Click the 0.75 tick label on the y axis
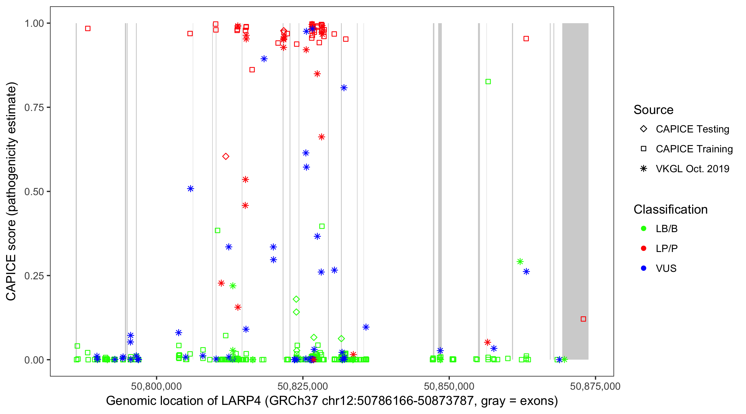[34, 107]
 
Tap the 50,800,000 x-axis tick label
[156, 386]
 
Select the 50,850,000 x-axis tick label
[449, 386]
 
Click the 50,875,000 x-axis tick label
[595, 386]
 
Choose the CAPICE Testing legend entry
[692, 129]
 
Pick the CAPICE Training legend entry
[694, 149]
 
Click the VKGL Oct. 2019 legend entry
[692, 169]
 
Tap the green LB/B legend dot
[643, 229]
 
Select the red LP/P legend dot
[643, 248]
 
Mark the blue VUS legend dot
[643, 268]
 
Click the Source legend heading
[653, 110]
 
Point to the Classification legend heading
[670, 209]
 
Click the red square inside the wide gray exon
[583, 319]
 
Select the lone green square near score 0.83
[488, 82]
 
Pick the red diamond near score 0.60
[225, 156]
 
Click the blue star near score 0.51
[190, 189]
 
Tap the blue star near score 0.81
[344, 88]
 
